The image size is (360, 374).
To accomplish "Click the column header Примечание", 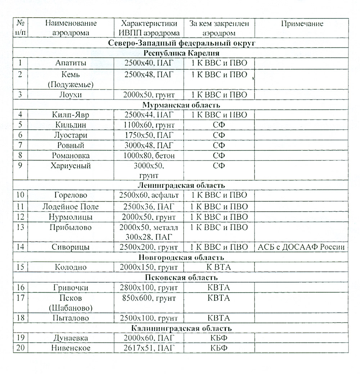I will click(x=302, y=24).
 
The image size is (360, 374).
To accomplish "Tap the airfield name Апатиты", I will click(x=71, y=63).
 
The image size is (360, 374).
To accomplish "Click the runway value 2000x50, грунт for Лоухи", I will click(x=149, y=95).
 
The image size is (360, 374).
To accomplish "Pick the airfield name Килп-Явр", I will click(x=71, y=115).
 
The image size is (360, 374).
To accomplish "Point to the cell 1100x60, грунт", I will click(x=149, y=125).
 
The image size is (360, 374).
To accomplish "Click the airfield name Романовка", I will click(x=71, y=156).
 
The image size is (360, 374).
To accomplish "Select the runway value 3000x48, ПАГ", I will click(x=149, y=145).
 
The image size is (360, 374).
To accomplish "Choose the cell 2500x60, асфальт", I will click(x=149, y=195).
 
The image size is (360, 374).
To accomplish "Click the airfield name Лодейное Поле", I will click(x=71, y=207).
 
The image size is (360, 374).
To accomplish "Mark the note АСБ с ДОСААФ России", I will click(x=301, y=247).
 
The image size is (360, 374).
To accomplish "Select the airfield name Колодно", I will click(x=71, y=267).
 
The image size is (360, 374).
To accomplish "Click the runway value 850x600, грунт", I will click(x=149, y=298).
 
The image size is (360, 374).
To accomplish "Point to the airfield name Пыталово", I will click(x=71, y=318).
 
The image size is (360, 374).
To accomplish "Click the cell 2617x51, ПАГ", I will click(x=149, y=348).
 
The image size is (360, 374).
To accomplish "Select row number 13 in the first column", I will click(x=20, y=227).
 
